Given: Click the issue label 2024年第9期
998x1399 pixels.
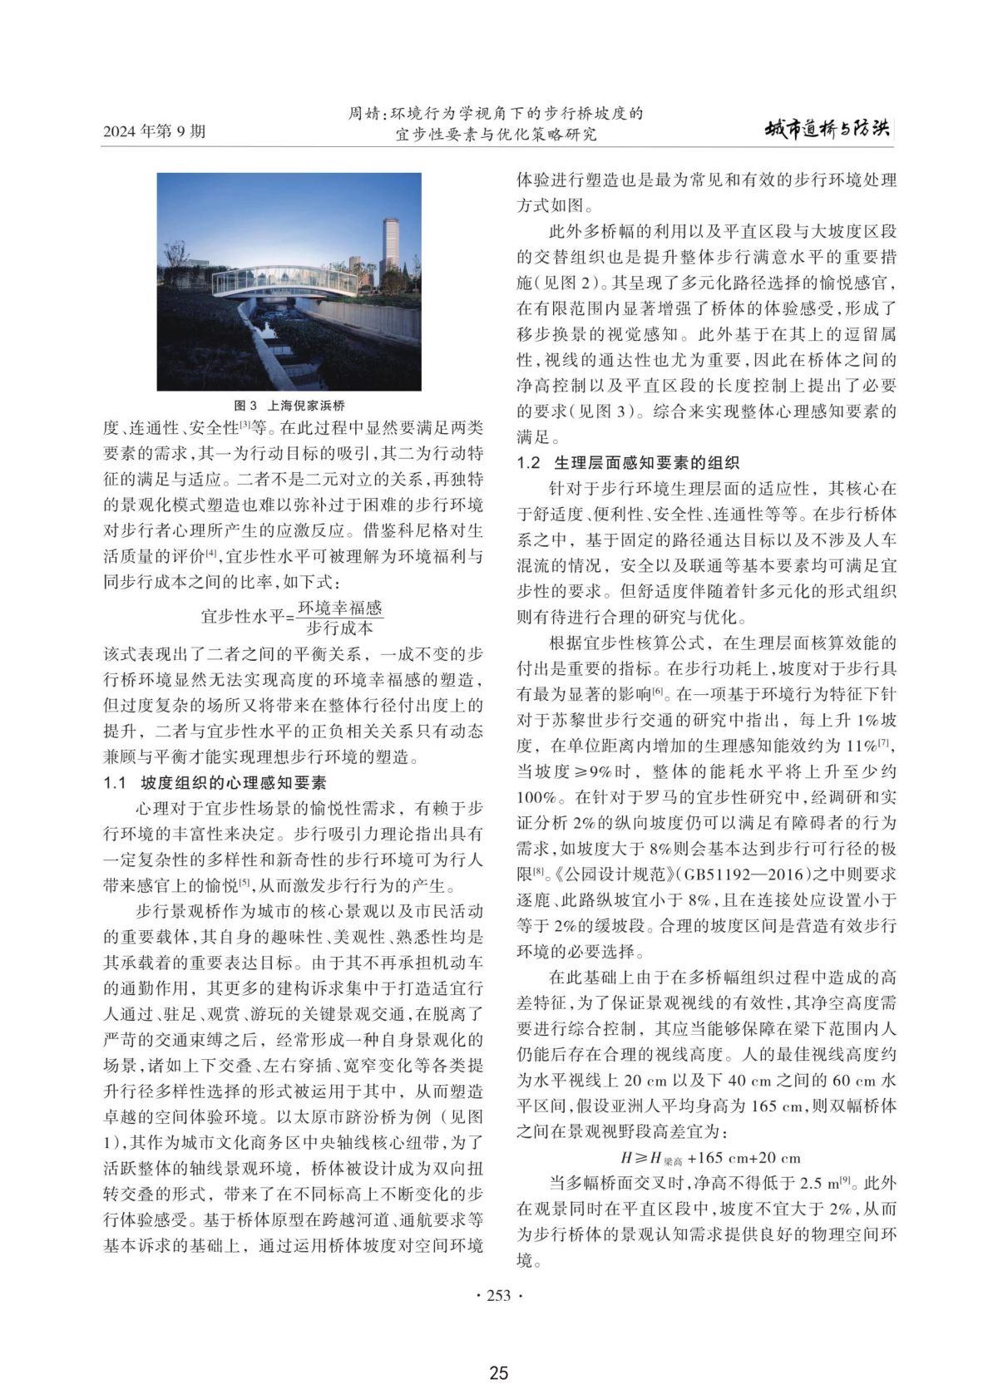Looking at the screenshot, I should click(x=154, y=131).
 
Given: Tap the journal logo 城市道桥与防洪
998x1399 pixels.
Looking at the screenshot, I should click(x=827, y=129).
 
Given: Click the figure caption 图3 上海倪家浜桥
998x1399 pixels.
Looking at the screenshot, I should click(x=289, y=406).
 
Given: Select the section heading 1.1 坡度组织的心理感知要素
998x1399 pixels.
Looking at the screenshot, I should click(x=215, y=783).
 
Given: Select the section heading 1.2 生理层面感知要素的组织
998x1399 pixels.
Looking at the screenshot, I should click(x=627, y=463).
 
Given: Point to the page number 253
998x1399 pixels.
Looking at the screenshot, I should click(x=498, y=1295).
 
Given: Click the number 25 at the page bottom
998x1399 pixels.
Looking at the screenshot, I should click(x=498, y=1373).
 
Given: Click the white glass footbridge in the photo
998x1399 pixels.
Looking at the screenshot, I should click(x=283, y=283).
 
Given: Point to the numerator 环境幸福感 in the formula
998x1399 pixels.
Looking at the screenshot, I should click(x=339, y=608).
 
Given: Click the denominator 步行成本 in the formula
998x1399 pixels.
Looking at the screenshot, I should click(x=339, y=628).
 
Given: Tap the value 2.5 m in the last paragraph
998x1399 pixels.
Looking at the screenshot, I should click(x=815, y=1184).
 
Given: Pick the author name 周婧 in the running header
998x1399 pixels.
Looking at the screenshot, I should click(x=363, y=114).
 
